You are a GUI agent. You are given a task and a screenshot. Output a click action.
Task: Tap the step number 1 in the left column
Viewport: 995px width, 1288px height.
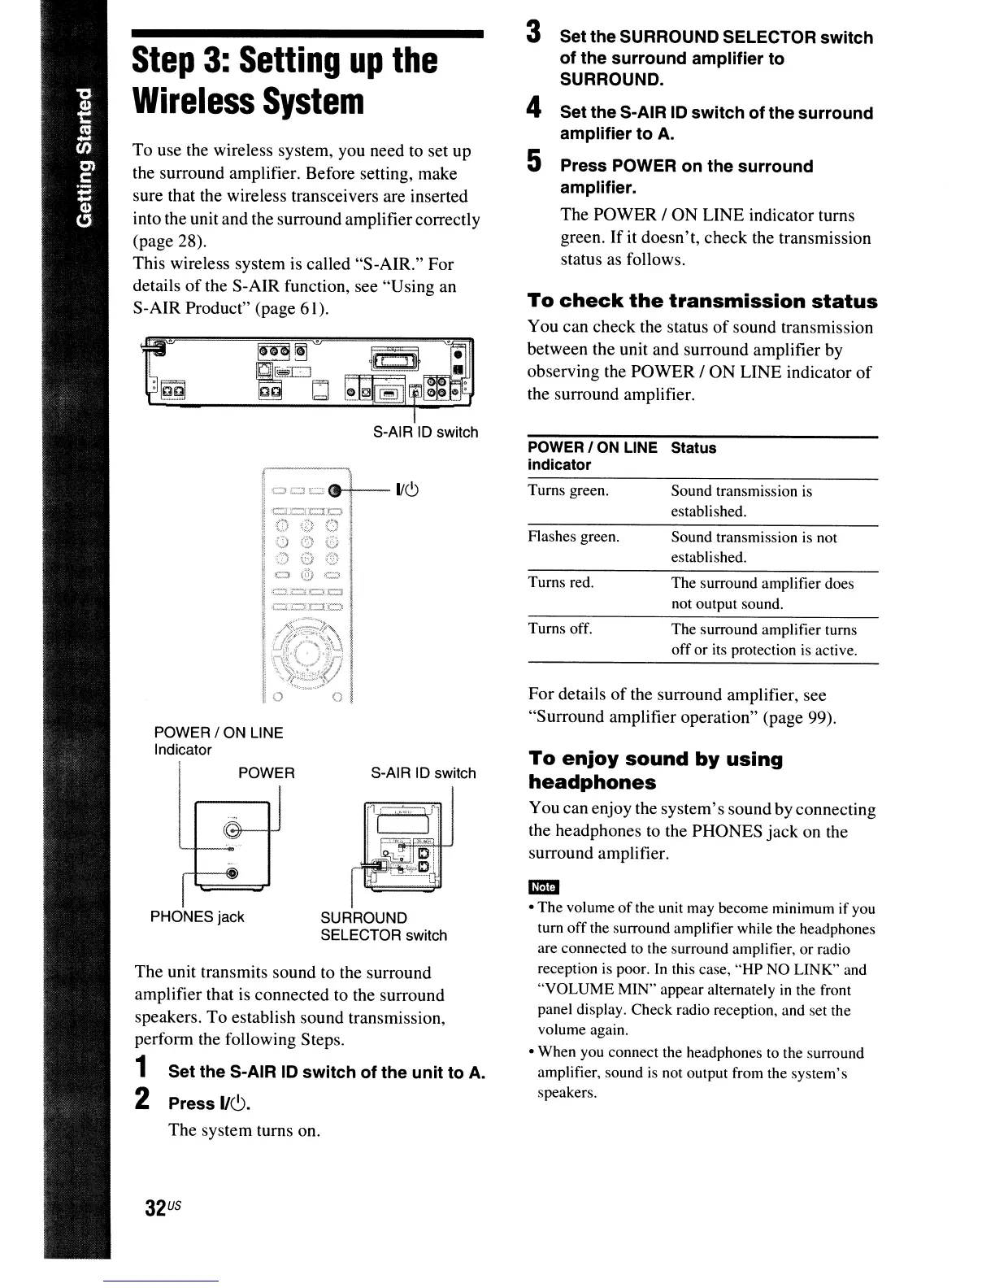[x=141, y=1068]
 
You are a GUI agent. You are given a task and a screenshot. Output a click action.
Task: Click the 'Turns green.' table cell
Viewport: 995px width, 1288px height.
[x=568, y=491]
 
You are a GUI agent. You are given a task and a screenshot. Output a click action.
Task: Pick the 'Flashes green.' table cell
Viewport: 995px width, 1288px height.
[x=573, y=537]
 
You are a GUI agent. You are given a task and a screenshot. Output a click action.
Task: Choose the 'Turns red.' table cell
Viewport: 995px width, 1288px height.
[x=561, y=583]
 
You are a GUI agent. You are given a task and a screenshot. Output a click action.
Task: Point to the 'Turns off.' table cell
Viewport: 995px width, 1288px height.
[x=560, y=629]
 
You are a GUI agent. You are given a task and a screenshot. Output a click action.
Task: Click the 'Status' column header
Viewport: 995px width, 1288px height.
[x=693, y=448]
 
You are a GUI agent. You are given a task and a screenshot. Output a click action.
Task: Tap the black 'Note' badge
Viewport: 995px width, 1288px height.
[x=542, y=887]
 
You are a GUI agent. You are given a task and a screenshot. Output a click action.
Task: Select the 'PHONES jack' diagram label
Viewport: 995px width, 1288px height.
[x=197, y=917]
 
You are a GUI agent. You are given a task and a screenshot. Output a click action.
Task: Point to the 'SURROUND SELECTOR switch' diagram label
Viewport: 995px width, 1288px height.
[x=384, y=927]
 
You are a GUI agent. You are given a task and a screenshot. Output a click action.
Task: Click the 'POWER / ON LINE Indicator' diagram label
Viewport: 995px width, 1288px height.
[x=218, y=741]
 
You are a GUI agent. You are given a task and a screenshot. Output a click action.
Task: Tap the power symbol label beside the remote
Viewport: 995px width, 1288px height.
[x=406, y=490]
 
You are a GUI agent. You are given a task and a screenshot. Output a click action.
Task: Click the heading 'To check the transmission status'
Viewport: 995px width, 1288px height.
[x=702, y=302]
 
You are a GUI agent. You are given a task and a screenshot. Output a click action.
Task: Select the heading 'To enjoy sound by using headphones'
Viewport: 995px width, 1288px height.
[x=655, y=770]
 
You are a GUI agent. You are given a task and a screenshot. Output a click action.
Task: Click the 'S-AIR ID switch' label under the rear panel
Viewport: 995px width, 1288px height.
[x=425, y=433]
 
